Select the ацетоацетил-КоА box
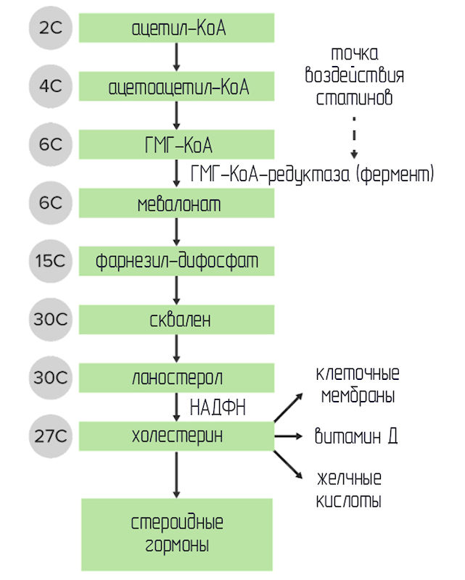click(176, 87)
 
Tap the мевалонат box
click(176, 204)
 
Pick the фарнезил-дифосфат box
click(176, 260)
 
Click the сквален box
click(176, 319)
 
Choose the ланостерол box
click(176, 378)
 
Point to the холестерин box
click(176, 436)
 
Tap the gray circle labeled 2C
click(51, 29)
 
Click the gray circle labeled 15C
click(51, 260)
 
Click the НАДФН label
click(217, 407)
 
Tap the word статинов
click(355, 98)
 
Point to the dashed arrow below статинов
click(355, 136)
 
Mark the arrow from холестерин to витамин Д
click(287, 436)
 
